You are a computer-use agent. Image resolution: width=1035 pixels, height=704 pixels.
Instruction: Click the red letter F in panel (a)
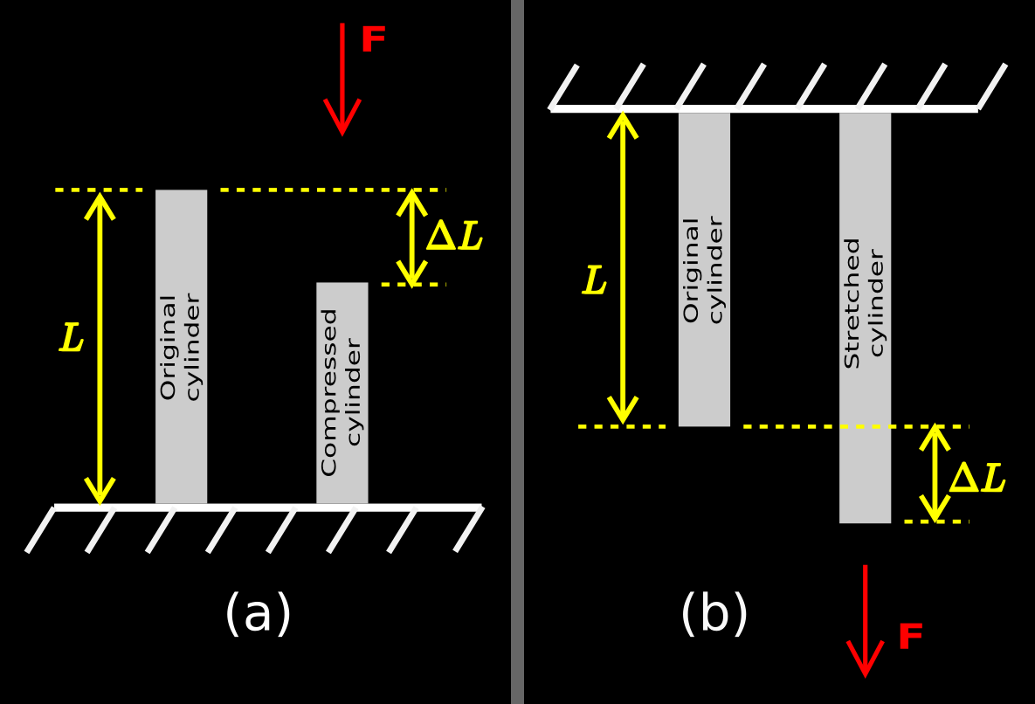(x=373, y=40)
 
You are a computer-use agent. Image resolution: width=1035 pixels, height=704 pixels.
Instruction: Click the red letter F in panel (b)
(x=910, y=637)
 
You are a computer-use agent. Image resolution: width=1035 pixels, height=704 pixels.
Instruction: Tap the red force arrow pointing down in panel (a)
(x=342, y=79)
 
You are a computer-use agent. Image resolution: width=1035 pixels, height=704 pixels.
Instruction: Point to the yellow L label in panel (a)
(x=72, y=339)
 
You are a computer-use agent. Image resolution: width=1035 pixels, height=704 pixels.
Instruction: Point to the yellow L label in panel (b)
(x=595, y=281)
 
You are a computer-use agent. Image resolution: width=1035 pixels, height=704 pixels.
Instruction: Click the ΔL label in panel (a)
(x=454, y=237)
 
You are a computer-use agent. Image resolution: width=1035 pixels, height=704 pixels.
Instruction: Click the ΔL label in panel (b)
(x=977, y=479)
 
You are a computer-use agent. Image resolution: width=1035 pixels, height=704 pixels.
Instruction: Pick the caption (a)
(x=258, y=614)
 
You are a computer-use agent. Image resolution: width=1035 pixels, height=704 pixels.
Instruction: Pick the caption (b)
(x=714, y=614)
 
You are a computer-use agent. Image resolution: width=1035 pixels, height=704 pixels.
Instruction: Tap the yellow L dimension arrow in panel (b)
(x=623, y=266)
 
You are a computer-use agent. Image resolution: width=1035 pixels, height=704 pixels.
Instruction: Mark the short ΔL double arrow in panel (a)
(x=411, y=237)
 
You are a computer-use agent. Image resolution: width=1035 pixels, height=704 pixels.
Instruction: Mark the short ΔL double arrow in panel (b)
(x=935, y=473)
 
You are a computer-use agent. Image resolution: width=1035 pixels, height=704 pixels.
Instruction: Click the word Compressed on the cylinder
(x=329, y=391)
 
